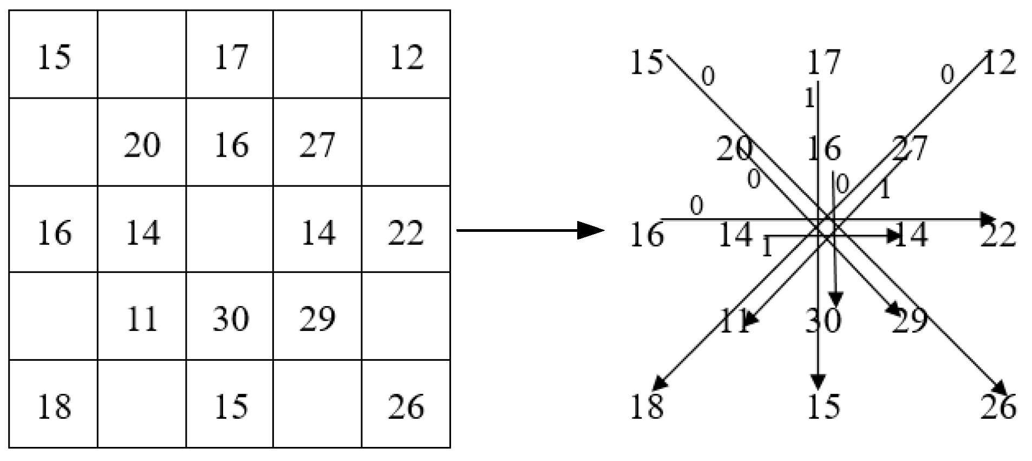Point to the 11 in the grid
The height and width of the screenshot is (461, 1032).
(142, 319)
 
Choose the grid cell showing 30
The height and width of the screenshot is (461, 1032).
(231, 319)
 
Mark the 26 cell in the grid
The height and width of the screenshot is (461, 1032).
(407, 407)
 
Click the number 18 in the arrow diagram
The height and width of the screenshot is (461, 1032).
(647, 407)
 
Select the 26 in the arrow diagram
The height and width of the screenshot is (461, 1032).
(998, 407)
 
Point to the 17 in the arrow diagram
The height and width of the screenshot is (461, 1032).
(824, 62)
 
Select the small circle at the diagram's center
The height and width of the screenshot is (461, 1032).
(826, 228)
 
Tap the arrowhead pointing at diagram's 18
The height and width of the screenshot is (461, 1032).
(659, 384)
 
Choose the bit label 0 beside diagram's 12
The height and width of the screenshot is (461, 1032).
(946, 75)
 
